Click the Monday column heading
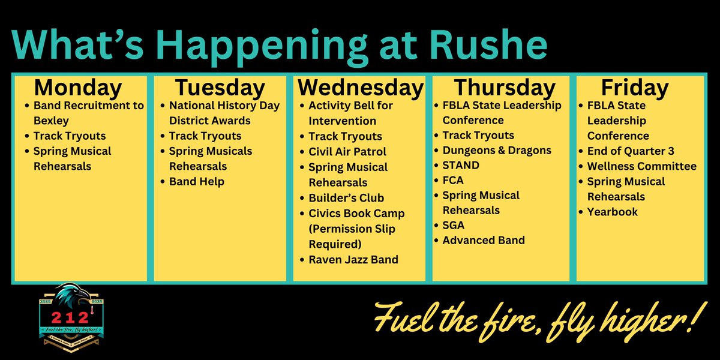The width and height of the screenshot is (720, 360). (78, 88)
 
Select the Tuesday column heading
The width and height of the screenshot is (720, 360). (220, 88)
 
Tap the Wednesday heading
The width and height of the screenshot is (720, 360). (360, 88)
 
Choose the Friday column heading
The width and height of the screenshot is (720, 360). (634, 88)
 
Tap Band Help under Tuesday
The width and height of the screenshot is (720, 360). (196, 181)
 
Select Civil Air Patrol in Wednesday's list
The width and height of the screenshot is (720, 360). (347, 152)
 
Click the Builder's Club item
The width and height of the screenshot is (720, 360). (346, 198)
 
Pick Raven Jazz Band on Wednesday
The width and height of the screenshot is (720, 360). (353, 260)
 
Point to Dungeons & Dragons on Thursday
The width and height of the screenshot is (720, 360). (497, 150)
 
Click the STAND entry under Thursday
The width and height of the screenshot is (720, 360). (461, 165)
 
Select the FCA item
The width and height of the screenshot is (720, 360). (453, 180)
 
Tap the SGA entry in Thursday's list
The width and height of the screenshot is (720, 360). (453, 226)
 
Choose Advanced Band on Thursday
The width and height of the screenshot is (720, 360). (484, 240)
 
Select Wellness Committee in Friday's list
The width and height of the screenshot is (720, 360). (642, 166)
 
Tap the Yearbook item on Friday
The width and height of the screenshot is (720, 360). (613, 212)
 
